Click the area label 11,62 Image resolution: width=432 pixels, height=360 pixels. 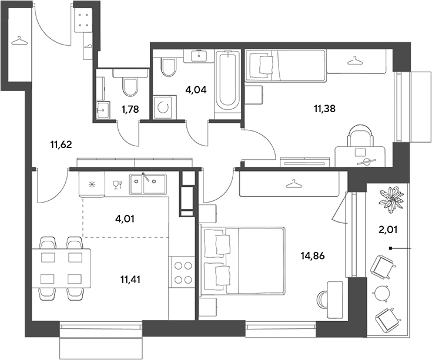(x=61, y=144)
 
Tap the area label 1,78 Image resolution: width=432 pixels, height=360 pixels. (x=130, y=110)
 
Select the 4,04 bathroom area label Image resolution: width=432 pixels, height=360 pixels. (x=196, y=90)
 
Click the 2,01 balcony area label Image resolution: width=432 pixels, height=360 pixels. (x=388, y=229)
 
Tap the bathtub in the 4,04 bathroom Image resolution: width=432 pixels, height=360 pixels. (x=227, y=80)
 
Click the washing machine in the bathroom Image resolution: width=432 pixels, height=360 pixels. (x=165, y=107)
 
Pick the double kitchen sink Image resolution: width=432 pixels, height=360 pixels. (x=148, y=184)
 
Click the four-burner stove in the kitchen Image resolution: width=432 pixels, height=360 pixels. (x=183, y=272)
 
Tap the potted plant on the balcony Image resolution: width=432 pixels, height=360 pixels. (x=391, y=198)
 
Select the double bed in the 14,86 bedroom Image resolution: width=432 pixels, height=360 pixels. (x=242, y=261)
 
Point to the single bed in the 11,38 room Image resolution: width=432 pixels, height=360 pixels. (x=286, y=66)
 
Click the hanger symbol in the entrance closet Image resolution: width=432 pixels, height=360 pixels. (x=19, y=41)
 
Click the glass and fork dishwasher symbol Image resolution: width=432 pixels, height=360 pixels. (x=118, y=184)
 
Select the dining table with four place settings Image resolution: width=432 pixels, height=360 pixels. (x=61, y=268)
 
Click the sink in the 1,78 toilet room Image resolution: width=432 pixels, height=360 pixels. (x=103, y=110)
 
